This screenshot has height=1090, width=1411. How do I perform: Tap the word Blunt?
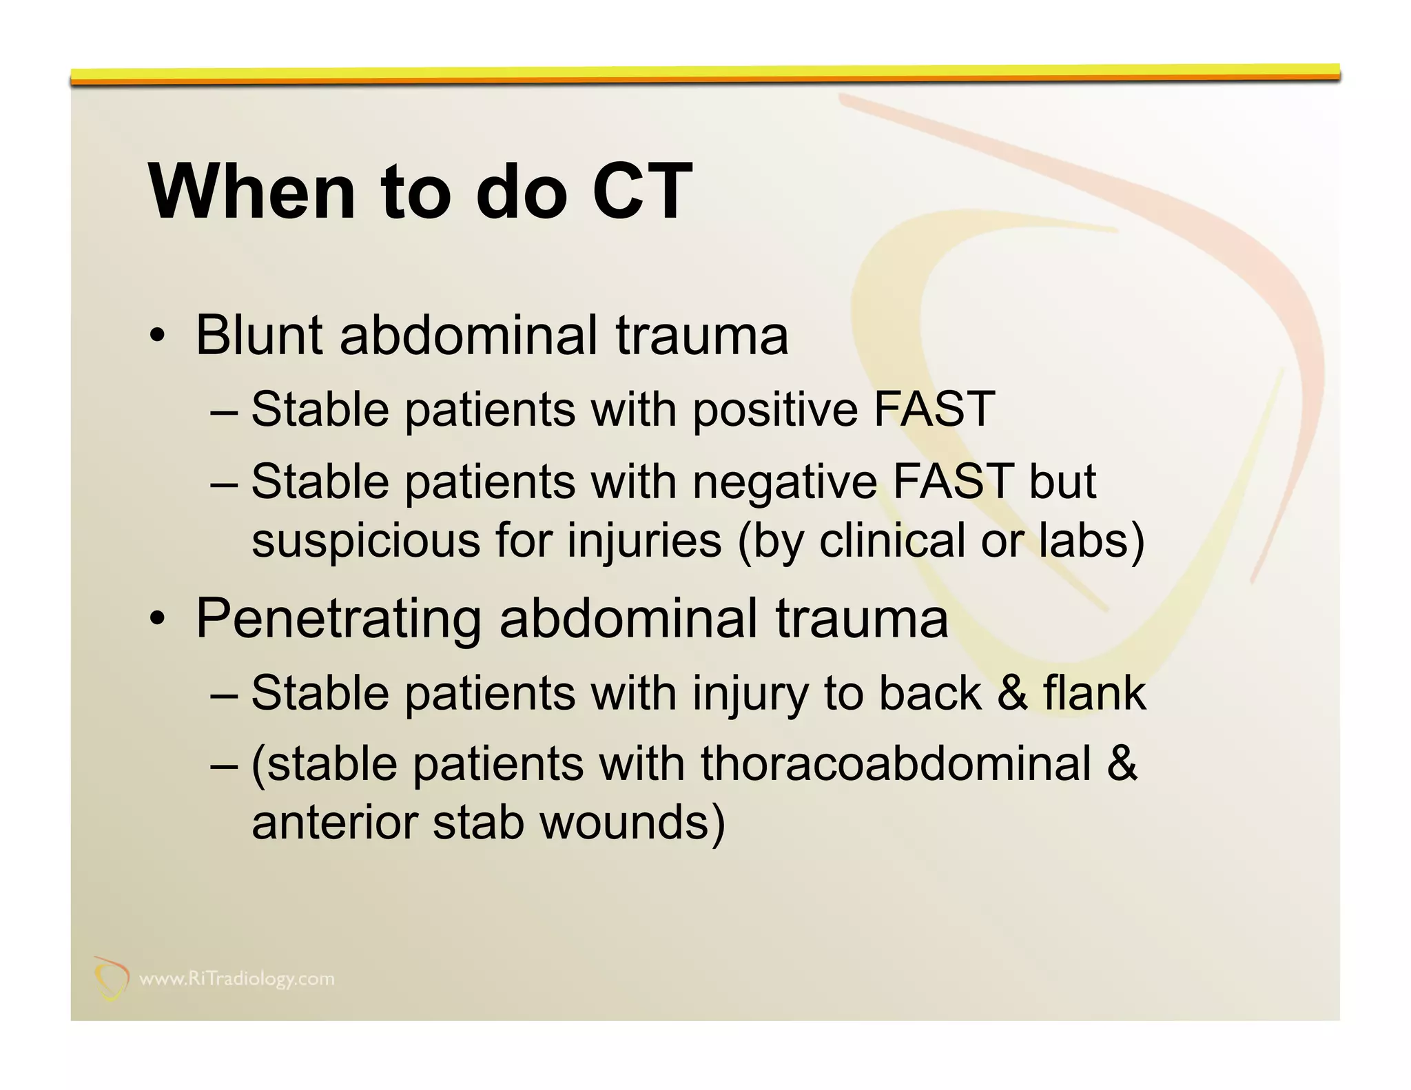click(x=258, y=336)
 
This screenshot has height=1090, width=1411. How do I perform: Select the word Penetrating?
click(x=338, y=619)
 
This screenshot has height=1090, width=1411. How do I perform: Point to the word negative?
click(x=784, y=482)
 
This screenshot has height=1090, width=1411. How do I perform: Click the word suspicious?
click(x=365, y=541)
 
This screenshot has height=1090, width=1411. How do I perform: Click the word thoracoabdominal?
click(x=896, y=764)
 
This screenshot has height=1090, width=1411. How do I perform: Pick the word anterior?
click(x=334, y=823)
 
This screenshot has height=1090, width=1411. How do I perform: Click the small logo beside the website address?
click(x=110, y=978)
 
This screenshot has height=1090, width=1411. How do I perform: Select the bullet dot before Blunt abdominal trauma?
click(x=157, y=337)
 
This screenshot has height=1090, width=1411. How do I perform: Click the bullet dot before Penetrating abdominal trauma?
click(x=157, y=619)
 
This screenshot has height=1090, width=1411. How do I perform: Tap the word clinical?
click(x=892, y=541)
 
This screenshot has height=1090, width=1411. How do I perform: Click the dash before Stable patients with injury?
click(x=224, y=695)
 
